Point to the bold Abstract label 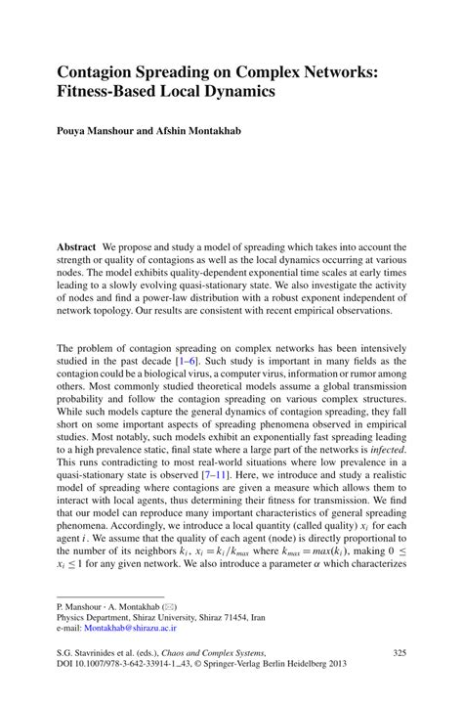(76, 246)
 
